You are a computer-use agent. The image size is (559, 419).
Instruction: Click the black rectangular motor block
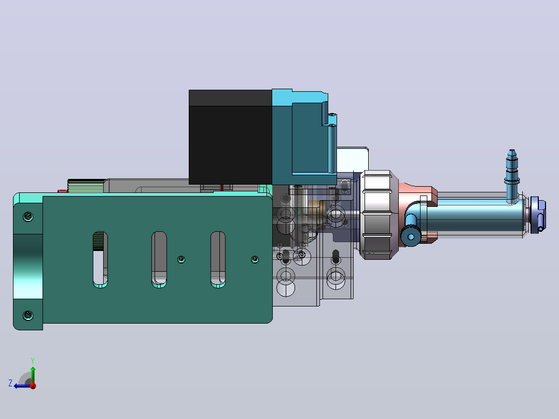click(230, 137)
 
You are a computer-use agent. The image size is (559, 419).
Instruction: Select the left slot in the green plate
click(100, 260)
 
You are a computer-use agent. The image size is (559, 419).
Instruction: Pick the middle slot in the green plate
click(159, 260)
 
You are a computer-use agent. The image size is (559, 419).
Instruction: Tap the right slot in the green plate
click(218, 260)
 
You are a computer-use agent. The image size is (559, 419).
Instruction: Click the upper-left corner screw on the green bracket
click(28, 216)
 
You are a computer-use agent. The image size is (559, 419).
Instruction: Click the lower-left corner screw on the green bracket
click(28, 315)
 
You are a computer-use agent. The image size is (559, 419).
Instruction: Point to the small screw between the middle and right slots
click(181, 260)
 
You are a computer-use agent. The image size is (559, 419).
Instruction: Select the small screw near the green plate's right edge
click(255, 259)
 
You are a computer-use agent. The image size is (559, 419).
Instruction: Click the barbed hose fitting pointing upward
click(512, 175)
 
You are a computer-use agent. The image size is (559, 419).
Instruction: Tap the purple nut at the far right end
click(538, 215)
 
